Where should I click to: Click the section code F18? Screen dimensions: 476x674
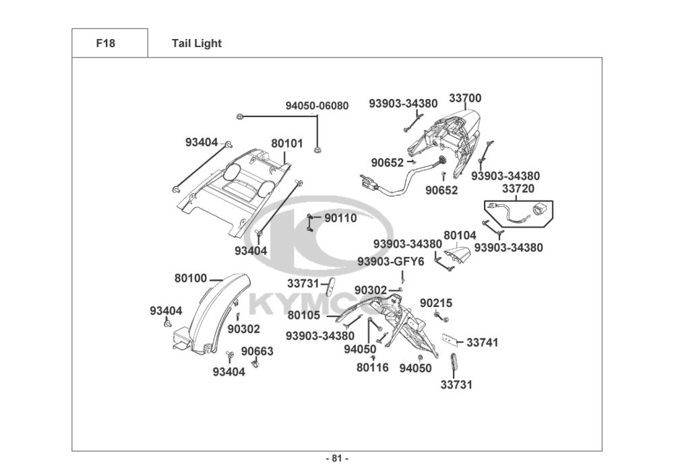coord(106,44)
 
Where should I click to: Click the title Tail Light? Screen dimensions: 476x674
coord(197,44)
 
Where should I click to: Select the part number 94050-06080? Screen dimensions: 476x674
coord(317,106)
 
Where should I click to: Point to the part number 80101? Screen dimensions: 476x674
coord(287,143)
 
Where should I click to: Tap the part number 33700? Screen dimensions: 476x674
coord(465,98)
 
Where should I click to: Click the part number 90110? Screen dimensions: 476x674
coord(340,218)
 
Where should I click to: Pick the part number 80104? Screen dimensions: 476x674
coord(460,236)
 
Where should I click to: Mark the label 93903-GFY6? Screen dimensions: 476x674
coord(391,261)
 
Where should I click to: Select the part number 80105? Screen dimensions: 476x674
coord(304,314)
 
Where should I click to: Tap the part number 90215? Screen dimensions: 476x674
coord(436,303)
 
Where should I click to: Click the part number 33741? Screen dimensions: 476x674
coord(483,343)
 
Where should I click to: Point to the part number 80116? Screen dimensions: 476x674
coord(373,368)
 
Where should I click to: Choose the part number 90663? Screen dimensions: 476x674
coord(257,351)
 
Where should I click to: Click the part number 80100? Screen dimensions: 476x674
coord(191,277)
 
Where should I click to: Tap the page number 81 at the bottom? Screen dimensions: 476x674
coord(337,459)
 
